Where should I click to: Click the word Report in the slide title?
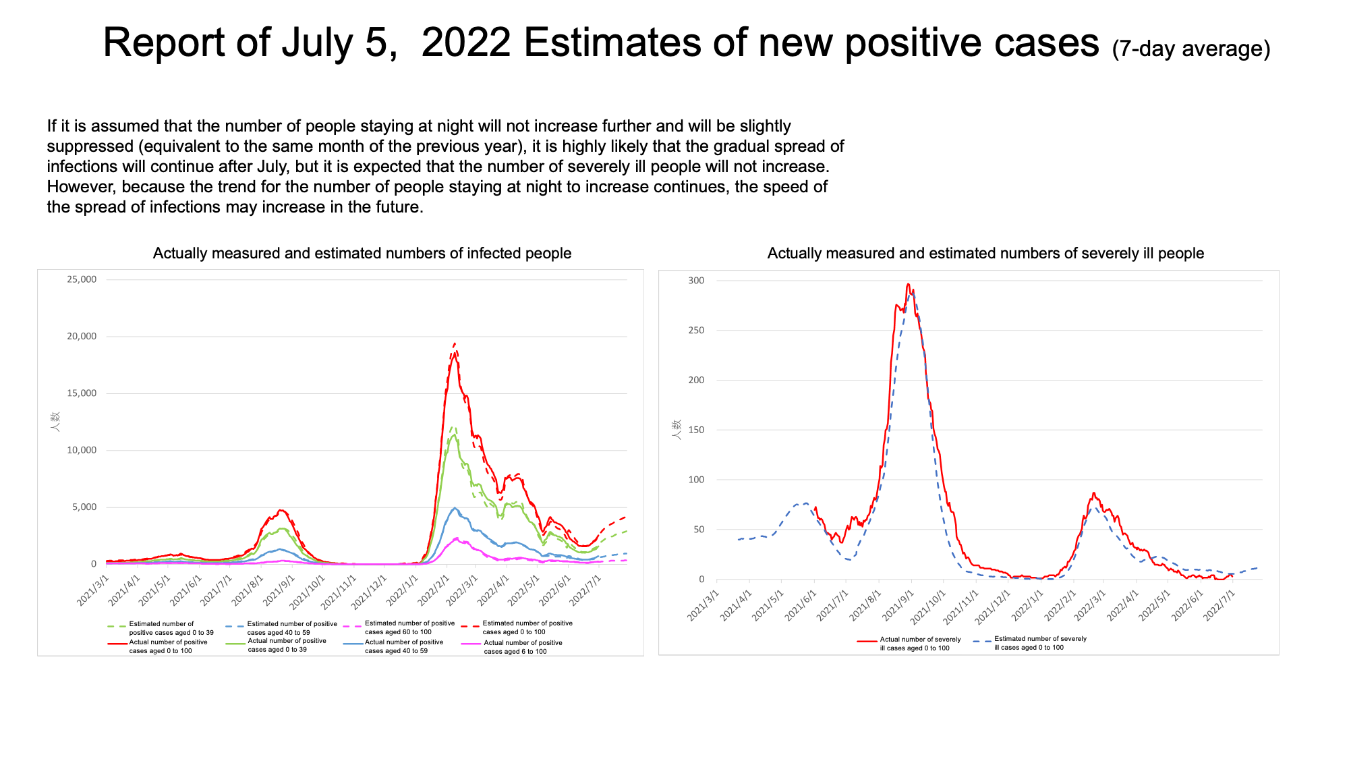(164, 43)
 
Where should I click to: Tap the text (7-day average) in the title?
(1190, 49)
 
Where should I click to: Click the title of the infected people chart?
(362, 253)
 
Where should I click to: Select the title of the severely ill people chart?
(985, 253)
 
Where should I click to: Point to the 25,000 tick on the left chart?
(82, 279)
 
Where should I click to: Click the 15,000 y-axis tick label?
(82, 393)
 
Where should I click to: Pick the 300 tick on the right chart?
(696, 281)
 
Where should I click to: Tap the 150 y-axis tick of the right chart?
(696, 430)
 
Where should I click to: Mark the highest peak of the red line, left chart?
(455, 343)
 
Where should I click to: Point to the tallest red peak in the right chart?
(908, 284)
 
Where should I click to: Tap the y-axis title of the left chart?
(55, 422)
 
